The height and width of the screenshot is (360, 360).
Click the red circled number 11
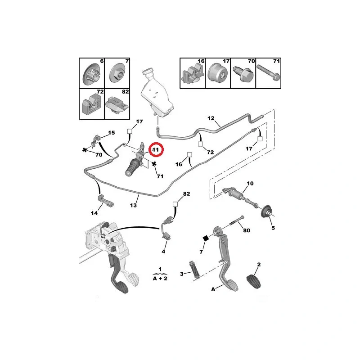(x=156, y=150)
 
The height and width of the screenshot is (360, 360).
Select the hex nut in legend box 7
(x=117, y=73)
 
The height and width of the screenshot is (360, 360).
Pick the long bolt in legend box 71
(x=268, y=72)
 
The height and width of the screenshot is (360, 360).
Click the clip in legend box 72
(x=91, y=105)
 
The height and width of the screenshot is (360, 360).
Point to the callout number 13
(x=133, y=205)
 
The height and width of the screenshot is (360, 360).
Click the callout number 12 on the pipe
(x=211, y=118)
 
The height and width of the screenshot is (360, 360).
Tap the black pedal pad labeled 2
(x=253, y=281)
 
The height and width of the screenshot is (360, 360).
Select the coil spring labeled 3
(x=194, y=270)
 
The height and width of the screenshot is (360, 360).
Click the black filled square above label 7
(x=206, y=238)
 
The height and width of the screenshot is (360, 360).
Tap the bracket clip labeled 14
(x=106, y=200)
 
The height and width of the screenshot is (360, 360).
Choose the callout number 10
(x=250, y=184)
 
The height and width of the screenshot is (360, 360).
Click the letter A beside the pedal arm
(x=213, y=289)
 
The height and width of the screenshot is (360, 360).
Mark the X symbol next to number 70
(x=85, y=150)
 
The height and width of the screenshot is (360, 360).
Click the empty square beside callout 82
(x=175, y=204)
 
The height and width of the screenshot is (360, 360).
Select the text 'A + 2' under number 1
(x=160, y=279)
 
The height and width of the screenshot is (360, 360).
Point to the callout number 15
(x=111, y=133)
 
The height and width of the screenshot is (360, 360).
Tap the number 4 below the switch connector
(x=163, y=252)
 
